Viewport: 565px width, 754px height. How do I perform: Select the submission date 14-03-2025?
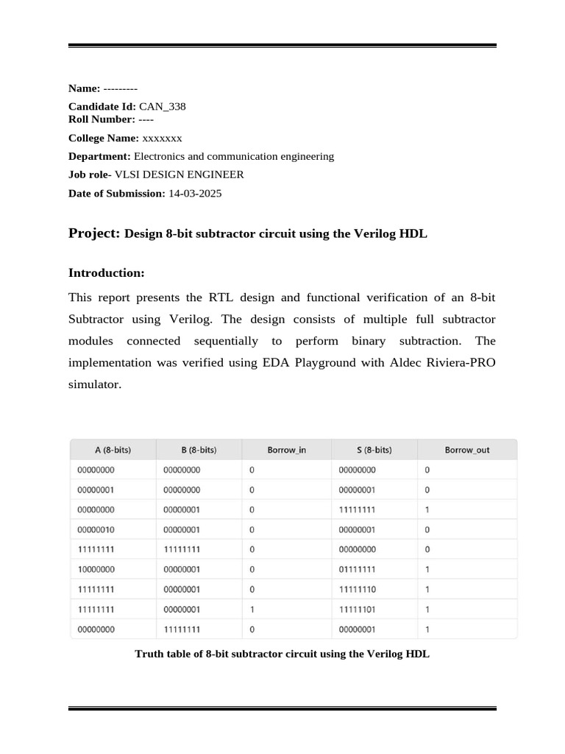195,193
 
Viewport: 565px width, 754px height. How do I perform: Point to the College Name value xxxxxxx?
162,138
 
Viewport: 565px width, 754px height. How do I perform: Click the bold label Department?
99,156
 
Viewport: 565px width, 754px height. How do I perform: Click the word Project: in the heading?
94,233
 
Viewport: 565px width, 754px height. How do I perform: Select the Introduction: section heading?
107,272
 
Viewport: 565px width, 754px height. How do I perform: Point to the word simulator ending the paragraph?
93,384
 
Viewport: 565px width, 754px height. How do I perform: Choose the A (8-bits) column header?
113,450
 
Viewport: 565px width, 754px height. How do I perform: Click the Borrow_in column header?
287,450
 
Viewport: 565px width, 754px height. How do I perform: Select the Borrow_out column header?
466,450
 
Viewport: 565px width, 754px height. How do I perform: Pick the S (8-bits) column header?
374,450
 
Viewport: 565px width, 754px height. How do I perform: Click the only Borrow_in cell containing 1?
252,609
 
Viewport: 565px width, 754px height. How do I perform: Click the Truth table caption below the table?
282,653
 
